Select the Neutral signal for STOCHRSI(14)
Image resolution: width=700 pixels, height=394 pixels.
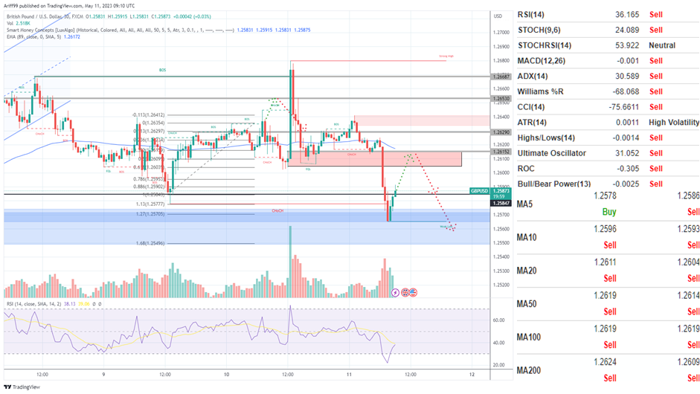coord(662,45)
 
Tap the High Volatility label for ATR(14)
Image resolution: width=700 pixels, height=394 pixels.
coord(674,123)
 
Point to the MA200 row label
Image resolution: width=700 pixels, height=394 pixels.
coord(529,370)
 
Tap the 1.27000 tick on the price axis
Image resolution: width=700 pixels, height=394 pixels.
coord(501,32)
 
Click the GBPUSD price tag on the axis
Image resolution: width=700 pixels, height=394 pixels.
coord(500,191)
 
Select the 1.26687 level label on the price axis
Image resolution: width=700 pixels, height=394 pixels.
coord(500,77)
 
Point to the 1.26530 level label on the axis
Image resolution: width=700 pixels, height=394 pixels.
coord(500,98)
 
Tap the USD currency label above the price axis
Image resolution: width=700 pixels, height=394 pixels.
coord(498,16)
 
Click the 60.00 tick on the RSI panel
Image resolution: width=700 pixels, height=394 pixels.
coord(500,320)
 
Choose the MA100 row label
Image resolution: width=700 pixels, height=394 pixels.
coord(529,338)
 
